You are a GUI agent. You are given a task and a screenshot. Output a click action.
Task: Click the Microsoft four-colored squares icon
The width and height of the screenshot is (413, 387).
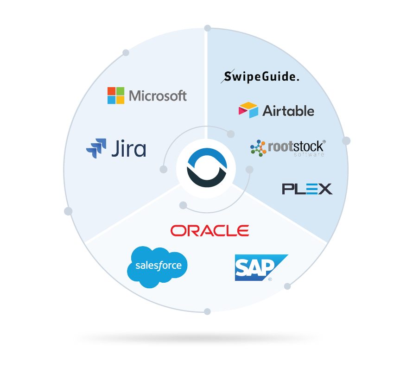click(116, 95)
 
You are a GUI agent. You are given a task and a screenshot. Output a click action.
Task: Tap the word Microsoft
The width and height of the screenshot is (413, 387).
click(158, 96)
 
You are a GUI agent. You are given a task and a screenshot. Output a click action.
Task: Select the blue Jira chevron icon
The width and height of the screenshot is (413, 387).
click(96, 148)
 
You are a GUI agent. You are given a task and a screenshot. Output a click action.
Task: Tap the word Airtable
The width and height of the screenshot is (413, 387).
click(288, 111)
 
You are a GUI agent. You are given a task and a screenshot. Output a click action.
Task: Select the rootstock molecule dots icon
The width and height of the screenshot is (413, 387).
click(258, 147)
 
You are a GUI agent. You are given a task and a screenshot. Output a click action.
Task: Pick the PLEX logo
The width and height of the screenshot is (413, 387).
click(307, 189)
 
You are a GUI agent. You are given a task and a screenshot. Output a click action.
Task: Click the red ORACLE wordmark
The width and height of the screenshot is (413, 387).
click(210, 230)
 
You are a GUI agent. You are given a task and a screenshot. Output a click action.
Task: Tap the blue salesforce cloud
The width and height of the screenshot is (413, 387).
click(158, 266)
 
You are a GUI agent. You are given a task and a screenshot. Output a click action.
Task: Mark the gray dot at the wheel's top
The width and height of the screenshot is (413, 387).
click(207, 28)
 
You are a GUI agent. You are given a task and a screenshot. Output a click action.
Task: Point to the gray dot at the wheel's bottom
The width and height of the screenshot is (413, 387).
click(207, 311)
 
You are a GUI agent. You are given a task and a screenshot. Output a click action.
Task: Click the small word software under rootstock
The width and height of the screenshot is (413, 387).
click(309, 154)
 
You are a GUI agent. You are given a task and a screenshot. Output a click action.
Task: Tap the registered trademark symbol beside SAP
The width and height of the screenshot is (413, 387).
click(270, 279)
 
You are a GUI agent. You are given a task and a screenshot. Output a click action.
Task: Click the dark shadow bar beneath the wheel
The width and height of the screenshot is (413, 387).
click(197, 338)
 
